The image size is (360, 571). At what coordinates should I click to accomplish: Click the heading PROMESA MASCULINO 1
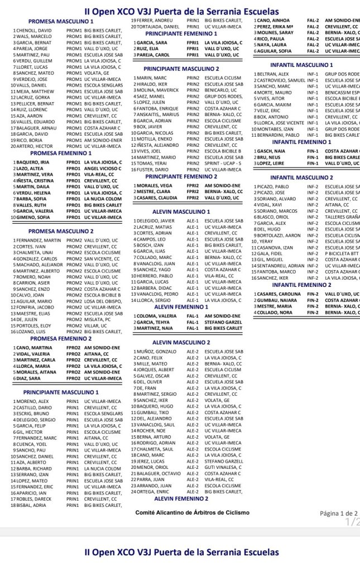click(61, 21)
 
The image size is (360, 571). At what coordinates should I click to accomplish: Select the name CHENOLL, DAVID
click(33, 30)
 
